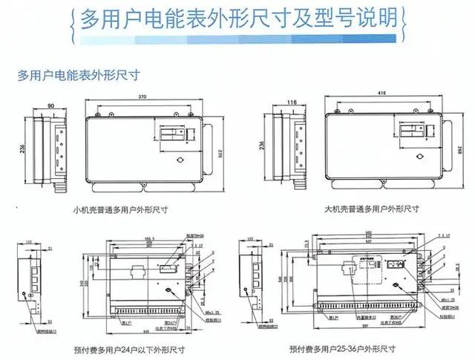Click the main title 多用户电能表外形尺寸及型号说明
tap(237, 19)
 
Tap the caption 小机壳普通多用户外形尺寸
tap(121, 210)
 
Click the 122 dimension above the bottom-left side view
tap(27, 241)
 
